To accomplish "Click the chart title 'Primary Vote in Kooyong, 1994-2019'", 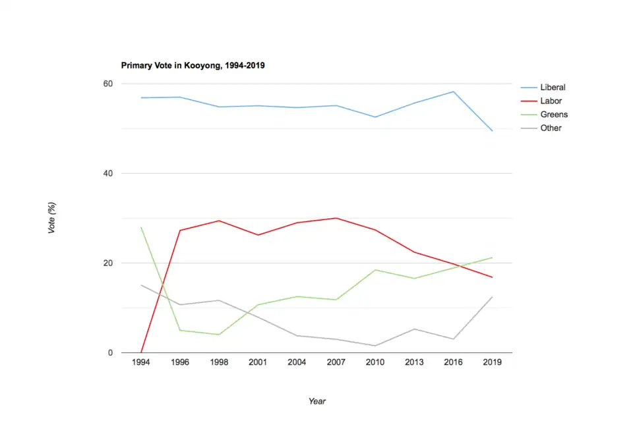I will coord(193,66).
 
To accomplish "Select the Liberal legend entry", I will coord(553,87).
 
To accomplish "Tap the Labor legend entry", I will coord(551,101).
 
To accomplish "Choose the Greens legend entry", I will coord(554,115).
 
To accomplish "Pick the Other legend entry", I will coord(551,128).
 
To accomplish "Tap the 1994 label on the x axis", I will coord(141,363).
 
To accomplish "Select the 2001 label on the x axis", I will coord(258,363).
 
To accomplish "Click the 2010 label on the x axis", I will coord(375,363).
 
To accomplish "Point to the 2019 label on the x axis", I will coord(492,363).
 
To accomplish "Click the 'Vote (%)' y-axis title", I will coord(52,218).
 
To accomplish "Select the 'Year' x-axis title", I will coord(316,401).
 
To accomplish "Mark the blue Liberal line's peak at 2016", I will coord(453,92).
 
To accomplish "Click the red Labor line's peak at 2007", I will coord(336,218).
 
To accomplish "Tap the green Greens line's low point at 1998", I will coord(219,335).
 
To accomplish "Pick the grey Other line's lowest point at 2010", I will coord(375,346).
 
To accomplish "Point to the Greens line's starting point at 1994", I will coord(141,227).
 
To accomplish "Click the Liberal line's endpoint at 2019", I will coord(492,130).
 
